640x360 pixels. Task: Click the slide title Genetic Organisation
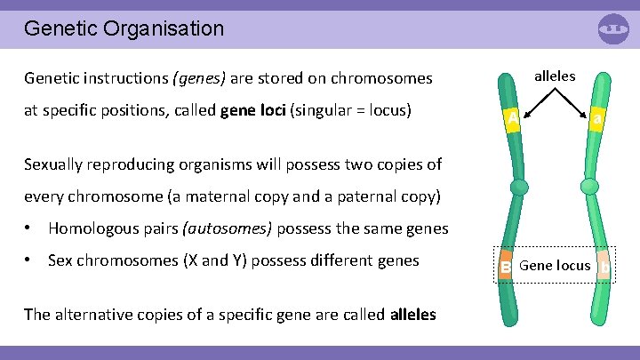[124, 28]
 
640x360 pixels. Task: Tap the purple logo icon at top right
[613, 28]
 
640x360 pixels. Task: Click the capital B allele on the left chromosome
[506, 267]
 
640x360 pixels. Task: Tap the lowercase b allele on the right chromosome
[604, 267]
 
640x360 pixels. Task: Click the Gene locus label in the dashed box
[555, 265]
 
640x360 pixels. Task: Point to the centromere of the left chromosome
[518, 187]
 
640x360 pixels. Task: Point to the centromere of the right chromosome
[589, 187]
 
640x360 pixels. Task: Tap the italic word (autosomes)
[228, 228]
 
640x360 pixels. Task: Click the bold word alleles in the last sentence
[413, 314]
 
